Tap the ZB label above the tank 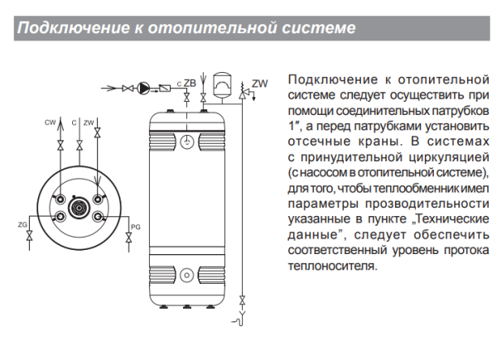[x=190, y=83]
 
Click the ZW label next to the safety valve [x=260, y=84]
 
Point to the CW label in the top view [x=51, y=122]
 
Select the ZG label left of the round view [x=22, y=224]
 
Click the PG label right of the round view [x=136, y=225]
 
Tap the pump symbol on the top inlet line [x=146, y=87]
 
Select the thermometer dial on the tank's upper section [x=190, y=142]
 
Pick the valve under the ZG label [x=31, y=238]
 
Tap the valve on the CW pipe [x=60, y=146]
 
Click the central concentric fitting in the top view [x=80, y=207]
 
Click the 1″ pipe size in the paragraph [x=292, y=125]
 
